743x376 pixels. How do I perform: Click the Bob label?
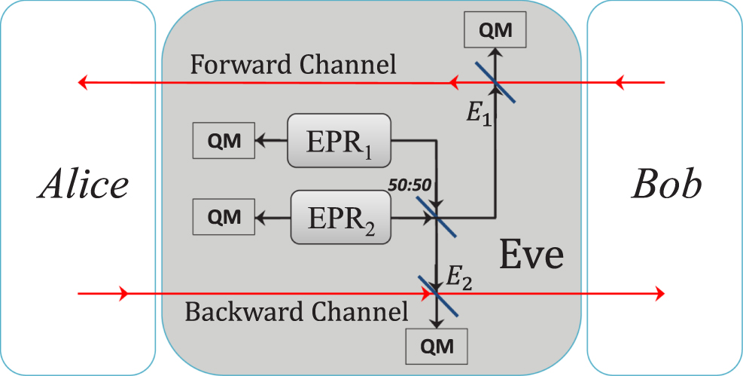coord(665,185)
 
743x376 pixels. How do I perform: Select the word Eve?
coord(531,255)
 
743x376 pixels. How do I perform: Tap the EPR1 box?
coord(339,140)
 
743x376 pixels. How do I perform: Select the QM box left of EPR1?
coord(224,141)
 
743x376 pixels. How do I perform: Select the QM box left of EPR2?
coord(224,217)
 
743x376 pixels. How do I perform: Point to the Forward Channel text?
coord(293,64)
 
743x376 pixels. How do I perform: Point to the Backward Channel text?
coord(296,311)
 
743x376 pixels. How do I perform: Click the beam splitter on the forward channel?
coord(495,82)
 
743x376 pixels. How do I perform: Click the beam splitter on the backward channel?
coord(437,294)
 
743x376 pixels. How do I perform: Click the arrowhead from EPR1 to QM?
coord(261,140)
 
